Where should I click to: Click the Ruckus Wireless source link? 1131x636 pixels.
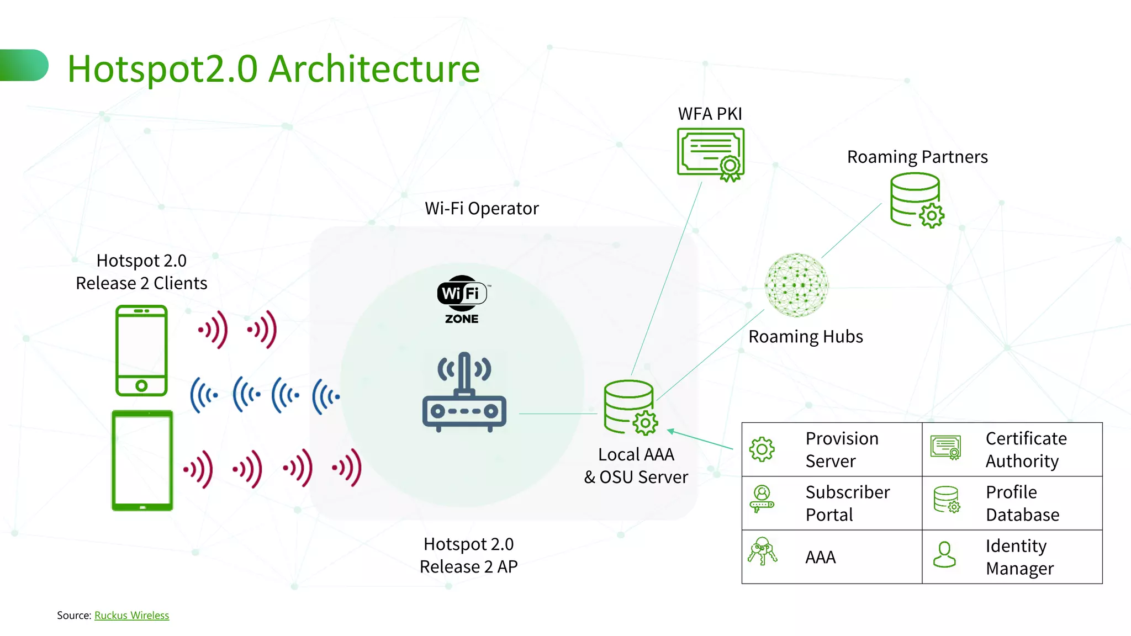pos(131,615)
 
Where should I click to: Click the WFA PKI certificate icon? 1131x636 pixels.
pos(711,154)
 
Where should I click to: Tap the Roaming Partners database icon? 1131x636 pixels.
pos(916,200)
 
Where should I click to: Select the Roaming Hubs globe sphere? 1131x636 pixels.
pos(796,285)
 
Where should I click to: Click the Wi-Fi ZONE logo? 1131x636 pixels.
pos(462,299)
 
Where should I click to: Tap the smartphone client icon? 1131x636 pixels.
pos(141,350)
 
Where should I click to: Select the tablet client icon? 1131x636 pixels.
pos(142,460)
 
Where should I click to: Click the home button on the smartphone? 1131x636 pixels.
pos(141,386)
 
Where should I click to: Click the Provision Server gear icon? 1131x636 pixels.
pos(762,449)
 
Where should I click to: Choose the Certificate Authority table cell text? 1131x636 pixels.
pos(1026,449)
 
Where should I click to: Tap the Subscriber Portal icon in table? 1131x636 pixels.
pos(762,499)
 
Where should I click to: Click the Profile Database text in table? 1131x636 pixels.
pos(1022,503)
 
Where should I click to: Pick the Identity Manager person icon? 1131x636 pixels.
pos(944,554)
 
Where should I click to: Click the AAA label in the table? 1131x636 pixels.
pos(820,557)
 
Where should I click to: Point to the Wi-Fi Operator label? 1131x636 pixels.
pos(482,208)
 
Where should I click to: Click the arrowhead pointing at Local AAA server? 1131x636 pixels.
pos(671,431)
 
